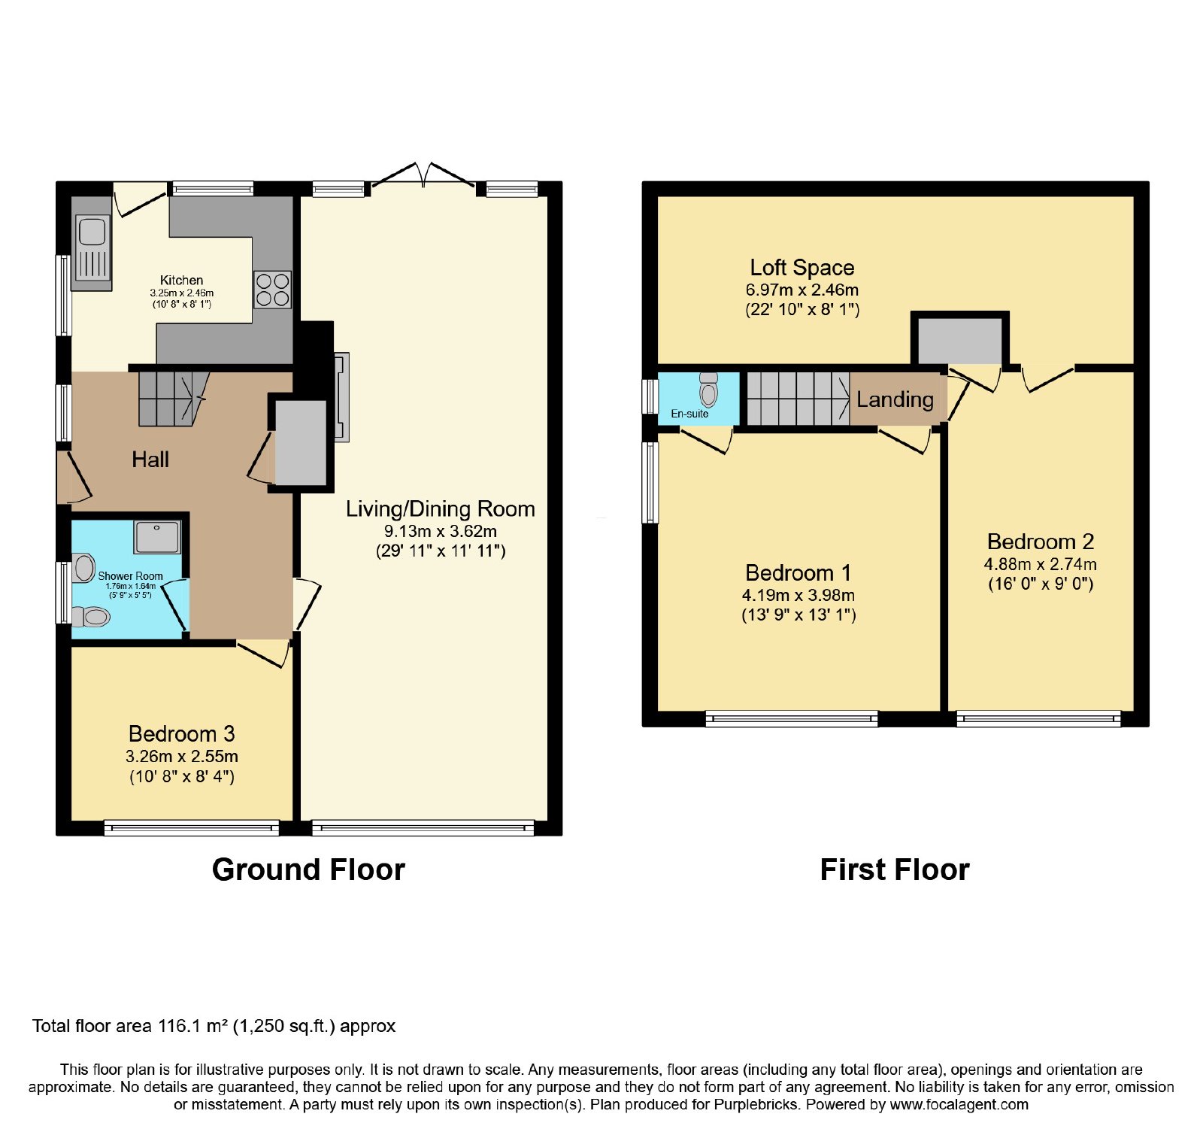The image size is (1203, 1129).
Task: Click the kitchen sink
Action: pyautogui.click(x=92, y=252)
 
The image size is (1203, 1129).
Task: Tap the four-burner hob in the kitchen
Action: pyautogui.click(x=272, y=290)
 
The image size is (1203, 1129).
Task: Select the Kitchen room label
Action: pyautogui.click(x=181, y=280)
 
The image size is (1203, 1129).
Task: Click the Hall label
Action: pyautogui.click(x=150, y=460)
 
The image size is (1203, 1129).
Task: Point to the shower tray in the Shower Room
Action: pyautogui.click(x=157, y=537)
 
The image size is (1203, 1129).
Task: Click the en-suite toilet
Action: pyautogui.click(x=708, y=388)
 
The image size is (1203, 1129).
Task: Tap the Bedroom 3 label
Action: pyautogui.click(x=182, y=733)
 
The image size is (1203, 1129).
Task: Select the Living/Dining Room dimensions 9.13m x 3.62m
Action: pyautogui.click(x=441, y=531)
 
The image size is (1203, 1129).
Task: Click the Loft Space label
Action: pyautogui.click(x=802, y=268)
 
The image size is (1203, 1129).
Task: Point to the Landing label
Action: pyautogui.click(x=895, y=399)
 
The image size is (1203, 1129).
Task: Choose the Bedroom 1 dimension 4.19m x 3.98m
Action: pyautogui.click(x=798, y=595)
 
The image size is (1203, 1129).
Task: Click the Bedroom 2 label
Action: pyautogui.click(x=1041, y=542)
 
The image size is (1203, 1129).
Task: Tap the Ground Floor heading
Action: pyautogui.click(x=308, y=870)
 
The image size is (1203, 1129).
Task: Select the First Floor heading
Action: pyautogui.click(x=895, y=870)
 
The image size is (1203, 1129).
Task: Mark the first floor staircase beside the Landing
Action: pyautogui.click(x=798, y=399)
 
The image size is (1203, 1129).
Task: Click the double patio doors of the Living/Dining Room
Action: pyautogui.click(x=423, y=175)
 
